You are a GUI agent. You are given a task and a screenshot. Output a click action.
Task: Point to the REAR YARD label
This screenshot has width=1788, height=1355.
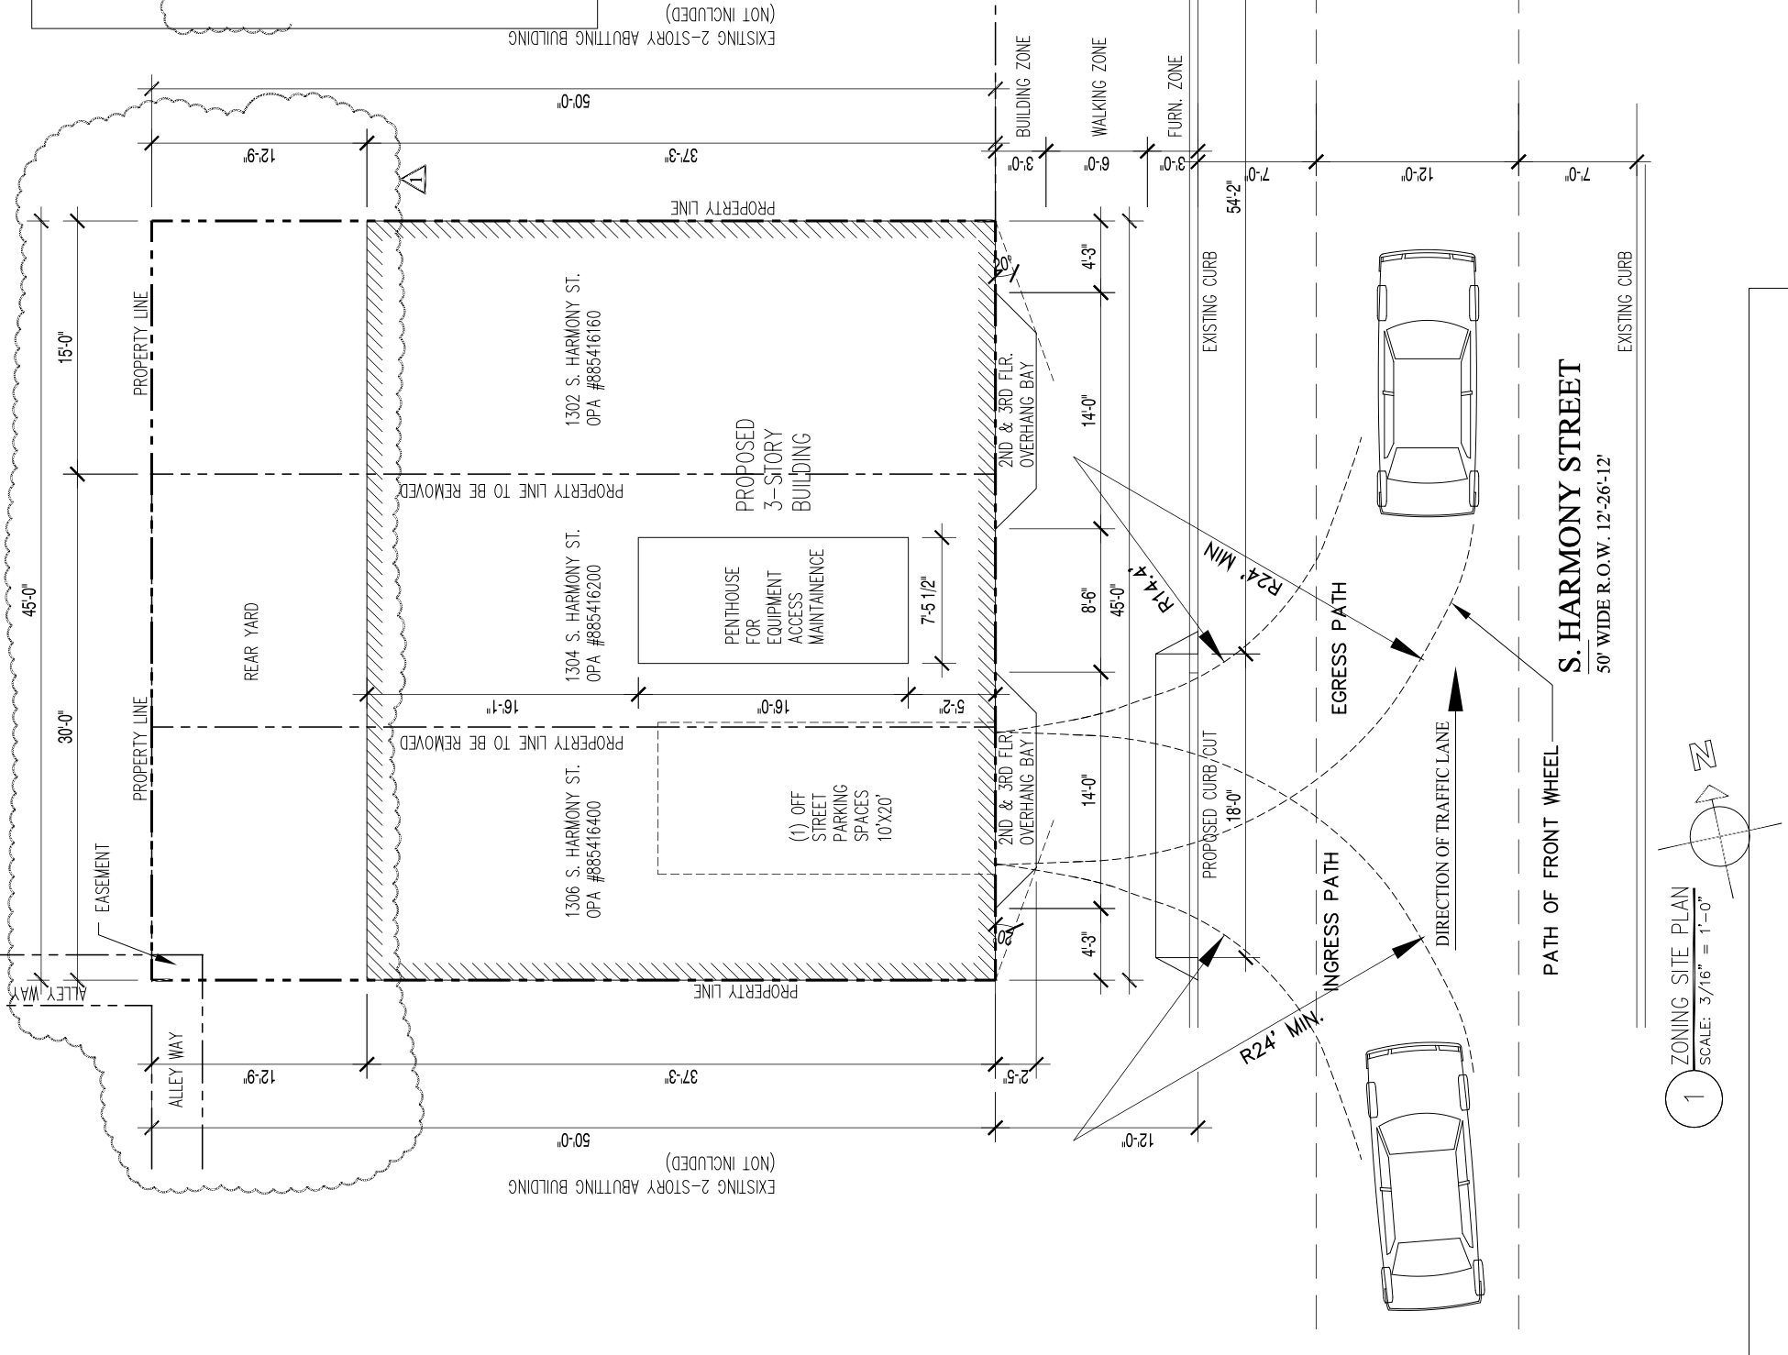pyautogui.click(x=251, y=641)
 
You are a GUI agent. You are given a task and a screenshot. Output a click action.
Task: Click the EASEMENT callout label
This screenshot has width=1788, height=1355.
pyautogui.click(x=104, y=879)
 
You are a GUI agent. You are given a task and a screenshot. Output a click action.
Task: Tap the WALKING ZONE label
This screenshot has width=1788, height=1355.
pyautogui.click(x=1099, y=87)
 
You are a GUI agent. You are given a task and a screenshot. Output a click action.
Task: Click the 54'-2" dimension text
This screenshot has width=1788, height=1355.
pyautogui.click(x=1233, y=196)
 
